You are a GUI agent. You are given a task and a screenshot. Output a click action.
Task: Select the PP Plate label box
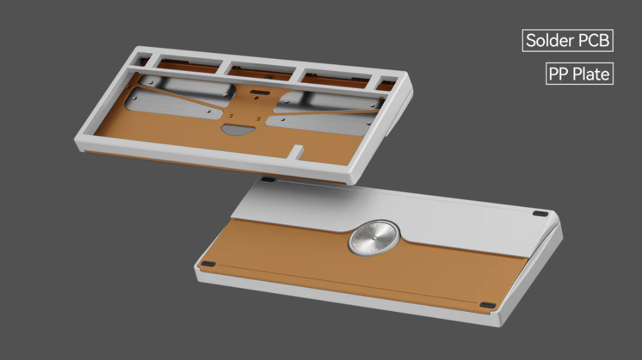coord(579,74)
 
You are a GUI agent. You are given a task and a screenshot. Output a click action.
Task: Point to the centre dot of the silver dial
coord(373,238)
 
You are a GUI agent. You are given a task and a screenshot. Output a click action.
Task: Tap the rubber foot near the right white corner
coord(541,213)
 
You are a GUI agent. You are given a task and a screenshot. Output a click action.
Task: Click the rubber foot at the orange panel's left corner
coord(208,264)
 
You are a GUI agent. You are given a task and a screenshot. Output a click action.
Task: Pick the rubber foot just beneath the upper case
coord(269,179)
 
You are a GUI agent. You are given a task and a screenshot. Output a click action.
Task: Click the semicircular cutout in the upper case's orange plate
coord(238,129)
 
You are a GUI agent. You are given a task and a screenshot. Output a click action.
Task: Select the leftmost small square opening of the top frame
coord(143,61)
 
